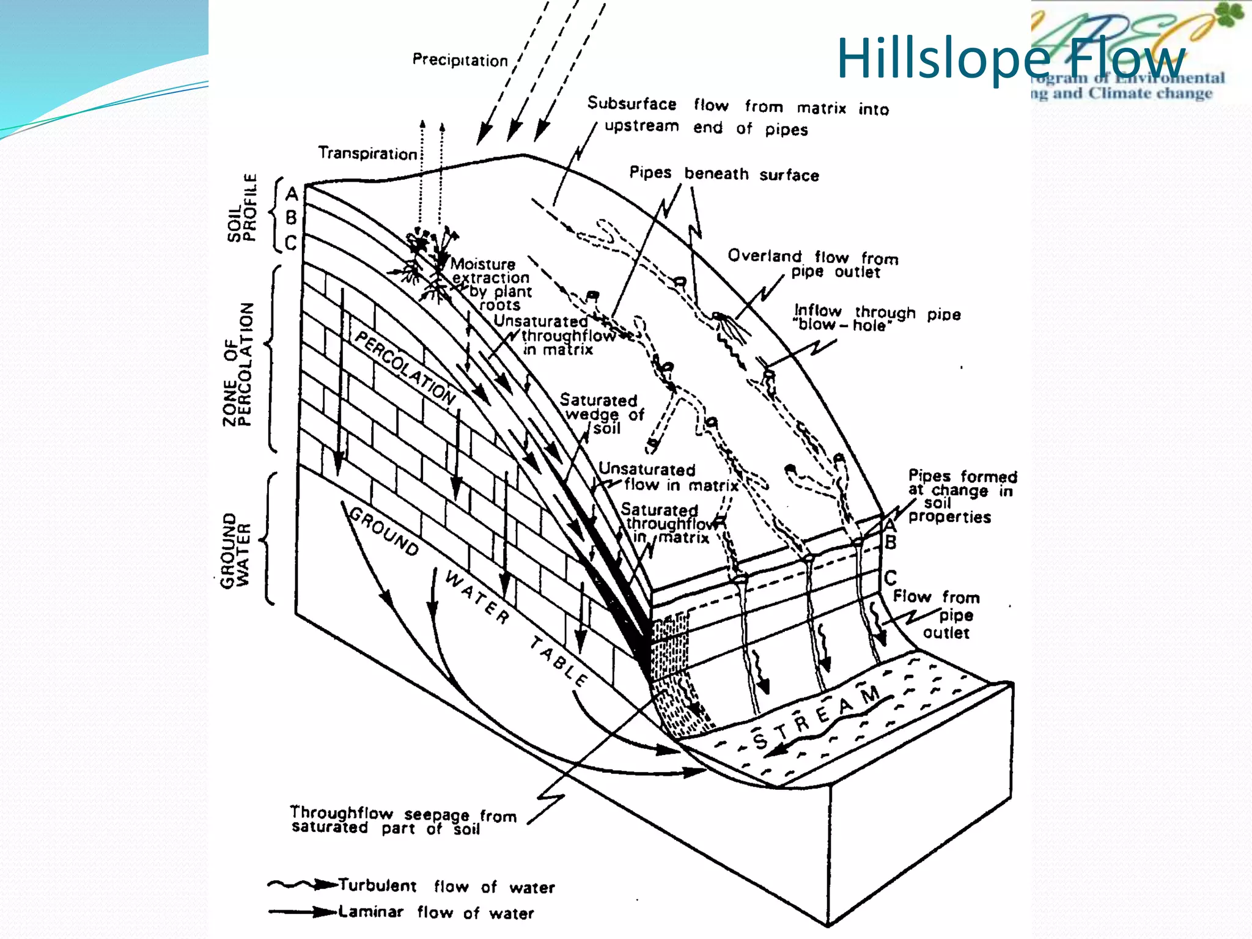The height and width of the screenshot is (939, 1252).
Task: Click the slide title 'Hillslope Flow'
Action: (1010, 59)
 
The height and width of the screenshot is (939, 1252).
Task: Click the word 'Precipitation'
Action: (460, 60)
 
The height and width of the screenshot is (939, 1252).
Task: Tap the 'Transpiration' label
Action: (367, 153)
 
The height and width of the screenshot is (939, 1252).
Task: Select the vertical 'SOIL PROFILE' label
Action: (242, 208)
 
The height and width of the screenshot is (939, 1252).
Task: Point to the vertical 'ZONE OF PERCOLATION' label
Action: (238, 364)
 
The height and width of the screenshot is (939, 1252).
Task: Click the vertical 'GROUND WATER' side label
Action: (235, 550)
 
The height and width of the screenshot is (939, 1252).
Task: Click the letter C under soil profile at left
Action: (291, 243)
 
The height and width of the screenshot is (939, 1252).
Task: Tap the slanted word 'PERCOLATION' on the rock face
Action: (405, 369)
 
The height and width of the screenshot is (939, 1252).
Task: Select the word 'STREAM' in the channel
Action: (816, 719)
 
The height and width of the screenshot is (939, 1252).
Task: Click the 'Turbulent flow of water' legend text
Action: (446, 886)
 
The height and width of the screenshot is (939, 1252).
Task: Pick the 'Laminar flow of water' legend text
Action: (436, 912)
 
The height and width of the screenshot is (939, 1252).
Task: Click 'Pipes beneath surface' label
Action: (724, 174)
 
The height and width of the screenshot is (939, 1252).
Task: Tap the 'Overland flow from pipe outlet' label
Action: (813, 263)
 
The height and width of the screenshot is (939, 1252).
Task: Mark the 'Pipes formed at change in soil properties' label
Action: (961, 496)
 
